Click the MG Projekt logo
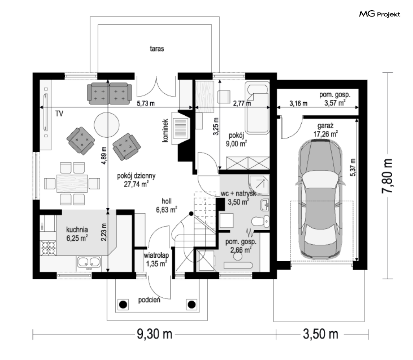pos(380,14)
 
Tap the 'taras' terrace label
pos(157,48)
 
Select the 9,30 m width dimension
pos(155,334)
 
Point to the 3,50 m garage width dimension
pos(321,334)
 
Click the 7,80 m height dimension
pos(387,176)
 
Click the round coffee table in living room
pos(107,125)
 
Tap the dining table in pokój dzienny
pos(72,183)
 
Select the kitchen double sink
pos(88,262)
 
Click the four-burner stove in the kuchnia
pos(48,248)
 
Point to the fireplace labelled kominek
pos(181,128)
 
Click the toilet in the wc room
pos(260,222)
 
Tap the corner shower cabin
pos(259,185)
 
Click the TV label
pos(59,114)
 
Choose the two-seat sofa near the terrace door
pos(109,93)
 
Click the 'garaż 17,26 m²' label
pos(326,130)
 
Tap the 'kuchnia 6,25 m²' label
pos(77,234)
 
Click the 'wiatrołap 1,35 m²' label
pos(156,259)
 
